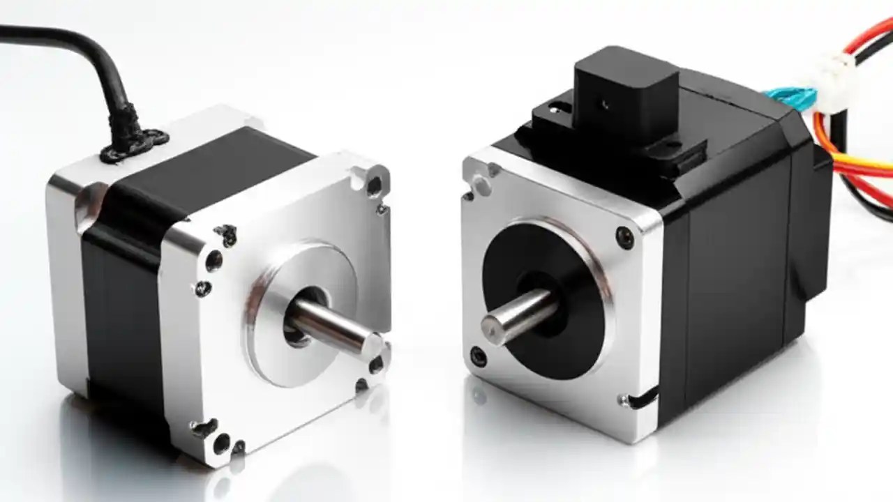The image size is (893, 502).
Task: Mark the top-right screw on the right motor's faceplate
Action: click(x=625, y=238)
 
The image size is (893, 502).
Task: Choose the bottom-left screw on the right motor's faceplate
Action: click(x=479, y=356)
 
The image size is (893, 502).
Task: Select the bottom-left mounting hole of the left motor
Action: click(x=221, y=441)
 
